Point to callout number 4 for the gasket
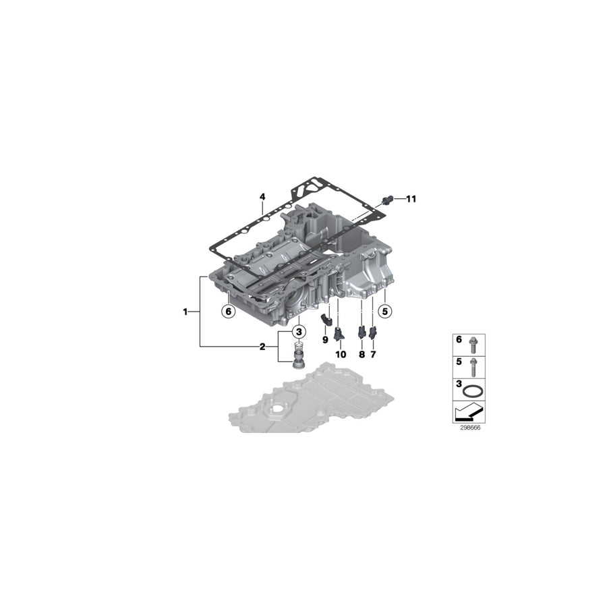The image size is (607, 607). (x=263, y=197)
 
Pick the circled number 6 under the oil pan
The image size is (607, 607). (x=228, y=311)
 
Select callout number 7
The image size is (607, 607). (x=373, y=353)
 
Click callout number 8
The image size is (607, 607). (x=362, y=353)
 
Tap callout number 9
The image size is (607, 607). (x=324, y=339)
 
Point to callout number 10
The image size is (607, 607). (x=341, y=353)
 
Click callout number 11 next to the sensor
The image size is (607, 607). (x=411, y=199)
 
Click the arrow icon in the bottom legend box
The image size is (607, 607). (x=468, y=411)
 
